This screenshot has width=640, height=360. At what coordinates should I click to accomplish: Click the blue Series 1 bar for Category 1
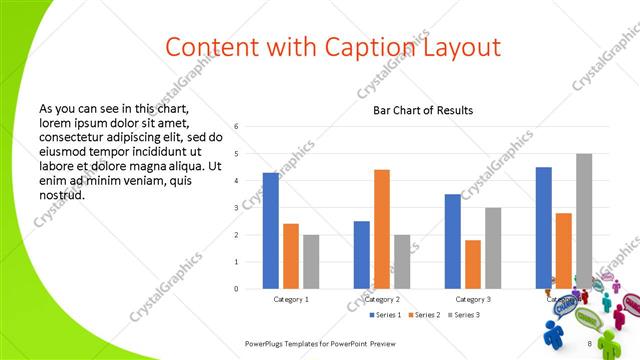pyautogui.click(x=270, y=231)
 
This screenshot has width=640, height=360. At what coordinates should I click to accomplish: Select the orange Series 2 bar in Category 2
pyautogui.click(x=382, y=229)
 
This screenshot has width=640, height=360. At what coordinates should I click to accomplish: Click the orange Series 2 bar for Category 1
pyautogui.click(x=291, y=256)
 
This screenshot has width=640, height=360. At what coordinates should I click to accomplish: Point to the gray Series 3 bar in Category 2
pyautogui.click(x=402, y=262)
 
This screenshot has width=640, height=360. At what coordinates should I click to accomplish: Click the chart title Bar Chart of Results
pyautogui.click(x=423, y=111)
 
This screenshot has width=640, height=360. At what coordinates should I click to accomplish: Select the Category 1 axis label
pyautogui.click(x=291, y=299)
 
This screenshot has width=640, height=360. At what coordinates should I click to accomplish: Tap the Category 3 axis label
pyautogui.click(x=473, y=299)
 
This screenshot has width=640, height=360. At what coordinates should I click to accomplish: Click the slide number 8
pyautogui.click(x=589, y=344)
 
